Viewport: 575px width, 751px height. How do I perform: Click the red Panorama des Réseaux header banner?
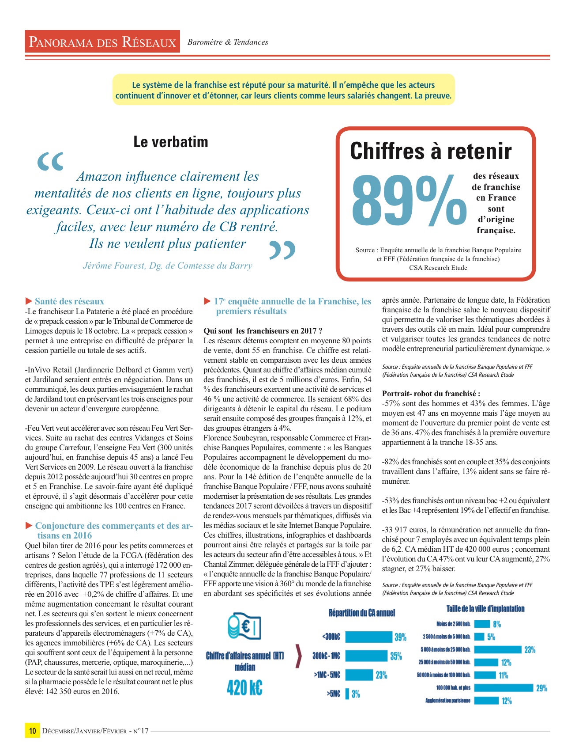pyautogui.click(x=102, y=42)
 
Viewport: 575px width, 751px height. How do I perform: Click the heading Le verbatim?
pyautogui.click(x=170, y=142)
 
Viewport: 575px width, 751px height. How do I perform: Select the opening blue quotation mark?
pyautogui.click(x=50, y=162)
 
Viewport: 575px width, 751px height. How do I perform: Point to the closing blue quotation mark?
pyautogui.click(x=282, y=250)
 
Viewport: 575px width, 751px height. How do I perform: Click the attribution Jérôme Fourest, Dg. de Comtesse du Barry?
pyautogui.click(x=168, y=266)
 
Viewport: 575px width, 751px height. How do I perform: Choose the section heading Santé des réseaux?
pyautogui.click(x=69, y=301)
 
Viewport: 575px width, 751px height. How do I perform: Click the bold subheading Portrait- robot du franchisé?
pyautogui.click(x=431, y=394)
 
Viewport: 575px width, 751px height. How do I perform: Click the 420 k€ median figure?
pyautogui.click(x=244, y=688)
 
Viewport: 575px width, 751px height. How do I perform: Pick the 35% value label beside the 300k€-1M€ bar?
pyautogui.click(x=396, y=656)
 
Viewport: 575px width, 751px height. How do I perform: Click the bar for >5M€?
pyautogui.click(x=347, y=694)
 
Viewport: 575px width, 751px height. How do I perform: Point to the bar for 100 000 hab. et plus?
pyautogui.click(x=504, y=687)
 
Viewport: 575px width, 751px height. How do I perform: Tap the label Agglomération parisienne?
pyautogui.click(x=447, y=700)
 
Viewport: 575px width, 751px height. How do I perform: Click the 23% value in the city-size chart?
pyautogui.click(x=530, y=649)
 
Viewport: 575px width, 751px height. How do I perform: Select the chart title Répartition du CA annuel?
pyautogui.click(x=361, y=613)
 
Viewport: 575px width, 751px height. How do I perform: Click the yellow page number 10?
pyautogui.click(x=32, y=731)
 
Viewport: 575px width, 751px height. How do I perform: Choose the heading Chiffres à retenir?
pyautogui.click(x=431, y=151)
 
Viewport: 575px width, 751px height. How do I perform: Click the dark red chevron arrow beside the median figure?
pyautogui.click(x=298, y=656)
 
